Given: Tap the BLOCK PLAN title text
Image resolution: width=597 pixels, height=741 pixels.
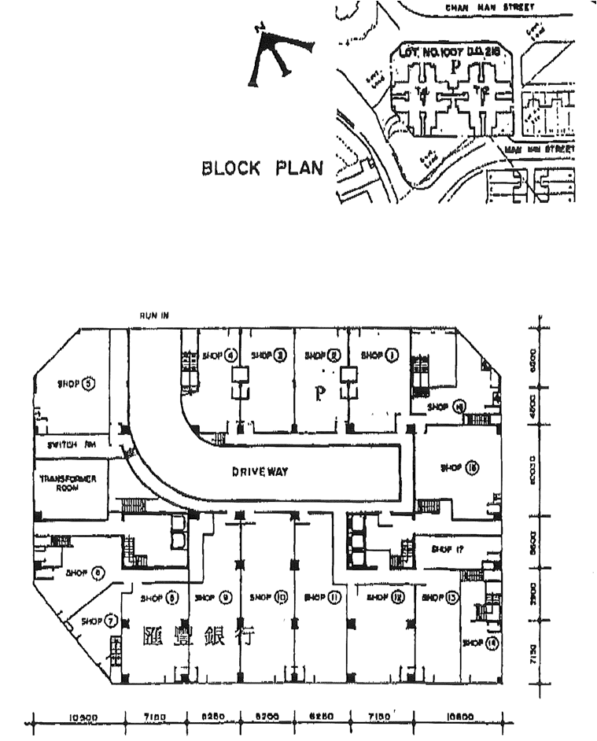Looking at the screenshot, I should pos(263,168).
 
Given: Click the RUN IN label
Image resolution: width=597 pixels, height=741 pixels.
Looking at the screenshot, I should pos(153,315).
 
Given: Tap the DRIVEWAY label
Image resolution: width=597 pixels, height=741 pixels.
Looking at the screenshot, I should pos(260,472).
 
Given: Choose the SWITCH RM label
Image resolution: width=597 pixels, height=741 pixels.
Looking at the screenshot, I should pos(72,444).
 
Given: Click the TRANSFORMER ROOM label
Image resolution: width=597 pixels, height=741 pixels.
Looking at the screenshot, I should pos(69,482).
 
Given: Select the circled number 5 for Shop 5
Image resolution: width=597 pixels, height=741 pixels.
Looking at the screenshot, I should pos(89,384).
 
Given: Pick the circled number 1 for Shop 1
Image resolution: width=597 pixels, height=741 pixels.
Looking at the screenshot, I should pos(392,356).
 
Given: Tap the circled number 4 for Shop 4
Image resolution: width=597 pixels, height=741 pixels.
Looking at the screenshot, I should pos(231,356).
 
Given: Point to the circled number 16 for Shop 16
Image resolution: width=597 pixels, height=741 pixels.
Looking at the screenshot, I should pos(472,468).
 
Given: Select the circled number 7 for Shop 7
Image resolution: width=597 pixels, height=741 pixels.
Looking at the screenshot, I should pos(112,621).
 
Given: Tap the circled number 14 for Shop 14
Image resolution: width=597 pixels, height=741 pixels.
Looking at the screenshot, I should pos(492,643).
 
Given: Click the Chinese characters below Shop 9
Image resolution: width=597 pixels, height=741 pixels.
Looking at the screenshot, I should pos(201,636).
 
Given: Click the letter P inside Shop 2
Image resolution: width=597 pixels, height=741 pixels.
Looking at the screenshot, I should pos(320,393).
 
